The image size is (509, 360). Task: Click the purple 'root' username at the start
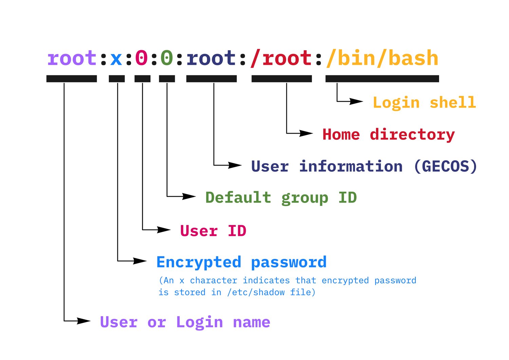coord(72,58)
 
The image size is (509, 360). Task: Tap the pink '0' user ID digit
coord(142,58)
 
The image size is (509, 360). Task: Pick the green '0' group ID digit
coord(167,58)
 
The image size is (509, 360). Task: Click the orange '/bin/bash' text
coord(382,58)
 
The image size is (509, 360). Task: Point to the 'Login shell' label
coord(424,102)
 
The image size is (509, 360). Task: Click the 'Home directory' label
coord(388,134)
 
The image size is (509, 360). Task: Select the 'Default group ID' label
coord(281,197)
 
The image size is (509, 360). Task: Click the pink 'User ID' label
coord(213,231)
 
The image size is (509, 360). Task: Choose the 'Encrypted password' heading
coord(241,262)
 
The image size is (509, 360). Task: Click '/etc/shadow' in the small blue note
coord(256,292)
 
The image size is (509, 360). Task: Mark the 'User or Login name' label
coord(185,322)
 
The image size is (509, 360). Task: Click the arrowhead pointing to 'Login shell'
coord(356,101)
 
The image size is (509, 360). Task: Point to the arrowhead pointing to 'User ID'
coord(164,230)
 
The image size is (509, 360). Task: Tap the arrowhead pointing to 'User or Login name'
coord(84,321)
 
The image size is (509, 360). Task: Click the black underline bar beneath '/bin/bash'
coord(382,79)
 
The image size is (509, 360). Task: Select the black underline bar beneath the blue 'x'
coord(117,79)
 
